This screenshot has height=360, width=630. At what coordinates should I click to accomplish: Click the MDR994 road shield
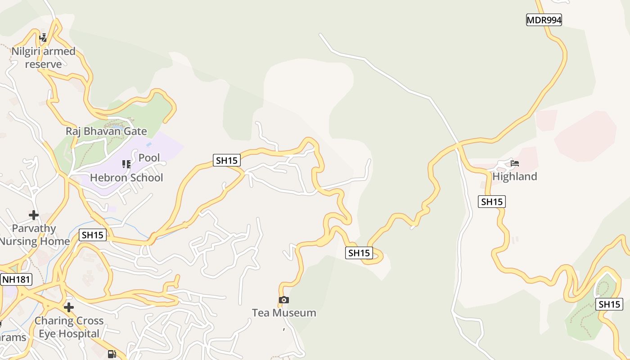[544, 20]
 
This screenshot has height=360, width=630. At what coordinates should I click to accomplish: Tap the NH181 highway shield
[16, 279]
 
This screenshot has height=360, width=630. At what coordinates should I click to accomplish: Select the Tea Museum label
[284, 313]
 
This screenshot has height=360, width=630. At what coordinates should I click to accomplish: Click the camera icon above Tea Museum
[283, 300]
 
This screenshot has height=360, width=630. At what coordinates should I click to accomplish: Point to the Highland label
[514, 176]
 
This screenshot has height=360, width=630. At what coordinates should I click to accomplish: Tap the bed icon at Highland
[514, 163]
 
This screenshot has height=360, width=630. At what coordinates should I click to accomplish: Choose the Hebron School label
[126, 178]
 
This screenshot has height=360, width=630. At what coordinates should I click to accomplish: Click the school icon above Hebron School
[126, 164]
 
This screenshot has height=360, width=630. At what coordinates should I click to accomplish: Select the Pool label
[149, 158]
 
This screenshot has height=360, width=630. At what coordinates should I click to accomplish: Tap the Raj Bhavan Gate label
[106, 131]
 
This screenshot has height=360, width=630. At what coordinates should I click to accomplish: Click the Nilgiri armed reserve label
[43, 58]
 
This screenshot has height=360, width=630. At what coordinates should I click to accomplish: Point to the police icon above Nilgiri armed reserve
[43, 37]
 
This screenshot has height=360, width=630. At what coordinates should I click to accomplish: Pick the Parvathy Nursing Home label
[34, 234]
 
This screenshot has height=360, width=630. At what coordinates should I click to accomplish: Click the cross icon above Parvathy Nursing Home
[34, 215]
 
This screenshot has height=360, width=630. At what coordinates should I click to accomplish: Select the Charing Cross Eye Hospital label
[69, 327]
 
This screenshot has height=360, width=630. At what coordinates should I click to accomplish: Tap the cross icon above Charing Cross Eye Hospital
[68, 307]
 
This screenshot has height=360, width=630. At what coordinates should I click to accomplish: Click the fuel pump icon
[112, 354]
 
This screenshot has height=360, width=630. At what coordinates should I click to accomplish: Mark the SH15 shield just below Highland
[491, 202]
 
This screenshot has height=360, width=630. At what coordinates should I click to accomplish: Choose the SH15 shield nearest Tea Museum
[359, 253]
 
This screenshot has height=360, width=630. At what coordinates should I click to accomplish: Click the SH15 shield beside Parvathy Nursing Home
[93, 235]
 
